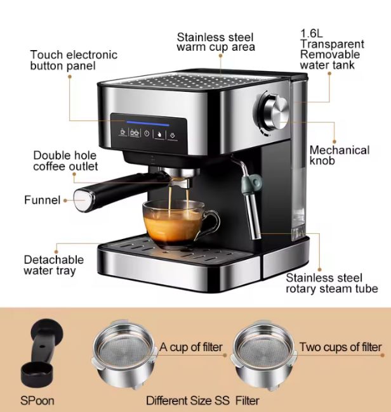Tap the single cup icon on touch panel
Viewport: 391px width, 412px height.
click(x=123, y=132)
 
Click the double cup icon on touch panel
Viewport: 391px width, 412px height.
click(x=135, y=132)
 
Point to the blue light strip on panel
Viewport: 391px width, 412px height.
click(x=148, y=124)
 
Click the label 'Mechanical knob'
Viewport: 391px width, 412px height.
click(x=339, y=155)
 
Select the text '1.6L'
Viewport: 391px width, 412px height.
click(x=311, y=34)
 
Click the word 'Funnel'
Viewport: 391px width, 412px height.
click(x=43, y=200)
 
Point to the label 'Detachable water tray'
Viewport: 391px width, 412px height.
click(x=54, y=265)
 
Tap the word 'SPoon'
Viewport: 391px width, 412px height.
click(x=37, y=401)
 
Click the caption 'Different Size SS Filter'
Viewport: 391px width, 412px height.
click(x=202, y=401)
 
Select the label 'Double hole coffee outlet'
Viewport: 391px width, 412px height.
click(x=65, y=161)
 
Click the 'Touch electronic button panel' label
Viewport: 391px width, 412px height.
click(x=74, y=60)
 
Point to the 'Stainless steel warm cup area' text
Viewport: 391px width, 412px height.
click(x=216, y=42)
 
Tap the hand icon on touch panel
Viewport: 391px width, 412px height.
click(x=160, y=134)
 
